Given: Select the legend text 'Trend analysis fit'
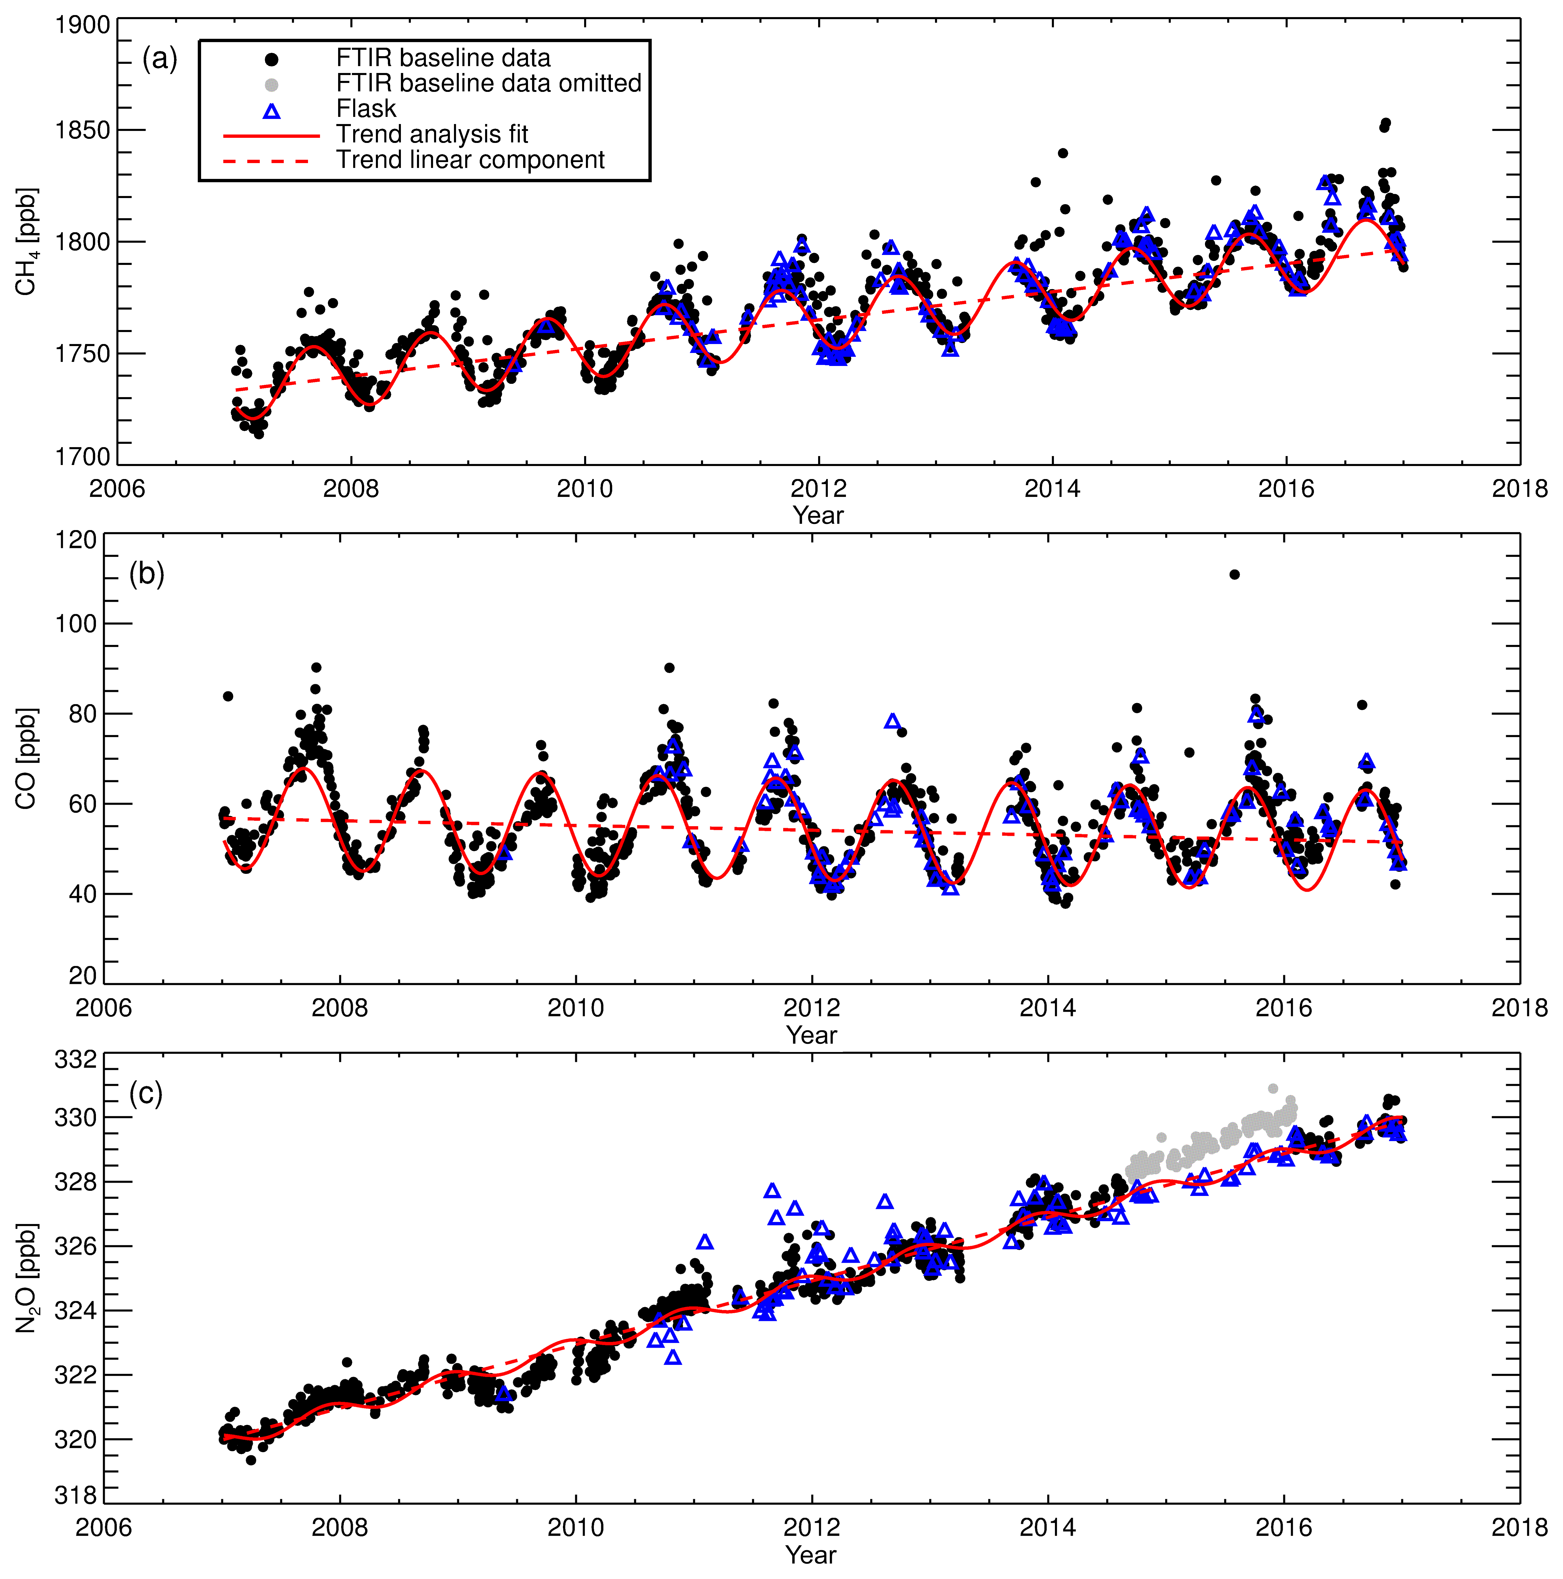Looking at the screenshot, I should [432, 134].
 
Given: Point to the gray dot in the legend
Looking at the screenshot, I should [271, 84].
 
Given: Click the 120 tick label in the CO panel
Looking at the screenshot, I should [76, 540].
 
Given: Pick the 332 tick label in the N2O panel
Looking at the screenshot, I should [76, 1060].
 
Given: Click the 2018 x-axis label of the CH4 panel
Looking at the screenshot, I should [1519, 489].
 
